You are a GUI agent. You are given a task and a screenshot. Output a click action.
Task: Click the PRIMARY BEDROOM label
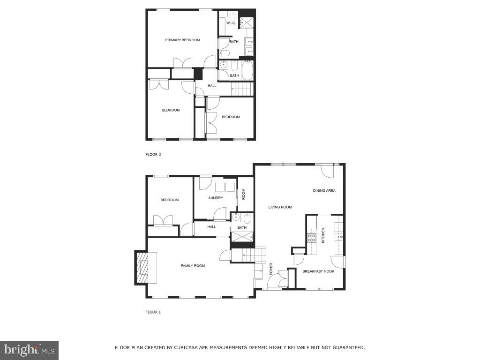pyautogui.click(x=182, y=40)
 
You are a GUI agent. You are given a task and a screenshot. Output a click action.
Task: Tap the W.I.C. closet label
pyautogui.click(x=231, y=23)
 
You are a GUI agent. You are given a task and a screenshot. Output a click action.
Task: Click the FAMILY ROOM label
pyautogui.click(x=193, y=266)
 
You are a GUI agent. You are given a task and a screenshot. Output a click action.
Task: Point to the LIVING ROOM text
pyautogui.click(x=280, y=207)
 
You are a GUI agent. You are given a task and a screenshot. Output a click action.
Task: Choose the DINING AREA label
pyautogui.click(x=324, y=191)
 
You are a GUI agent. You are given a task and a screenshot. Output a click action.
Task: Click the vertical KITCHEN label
pyautogui.click(x=323, y=235)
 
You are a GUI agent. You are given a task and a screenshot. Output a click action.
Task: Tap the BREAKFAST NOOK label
pyautogui.click(x=318, y=271)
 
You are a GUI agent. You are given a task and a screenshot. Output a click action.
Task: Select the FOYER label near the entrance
pyautogui.click(x=271, y=269)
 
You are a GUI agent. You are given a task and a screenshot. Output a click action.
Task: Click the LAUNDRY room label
pyautogui.click(x=215, y=198)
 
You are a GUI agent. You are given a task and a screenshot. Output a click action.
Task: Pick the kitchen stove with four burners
pyautogui.click(x=312, y=238)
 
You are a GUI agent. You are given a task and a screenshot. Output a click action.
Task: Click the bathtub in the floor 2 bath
pyautogui.click(x=247, y=71)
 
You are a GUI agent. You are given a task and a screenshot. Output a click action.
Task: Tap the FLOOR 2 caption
pyautogui.click(x=153, y=154)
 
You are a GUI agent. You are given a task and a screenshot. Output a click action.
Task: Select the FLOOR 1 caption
pyautogui.click(x=153, y=312)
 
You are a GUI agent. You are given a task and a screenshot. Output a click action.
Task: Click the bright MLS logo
pyautogui.click(x=29, y=350)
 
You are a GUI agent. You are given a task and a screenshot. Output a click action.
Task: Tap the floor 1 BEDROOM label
pyautogui.click(x=169, y=200)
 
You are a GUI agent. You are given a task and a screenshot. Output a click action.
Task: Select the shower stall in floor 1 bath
pyautogui.click(x=242, y=239)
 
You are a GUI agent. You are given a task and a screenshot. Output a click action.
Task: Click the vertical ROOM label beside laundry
pyautogui.click(x=244, y=194)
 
